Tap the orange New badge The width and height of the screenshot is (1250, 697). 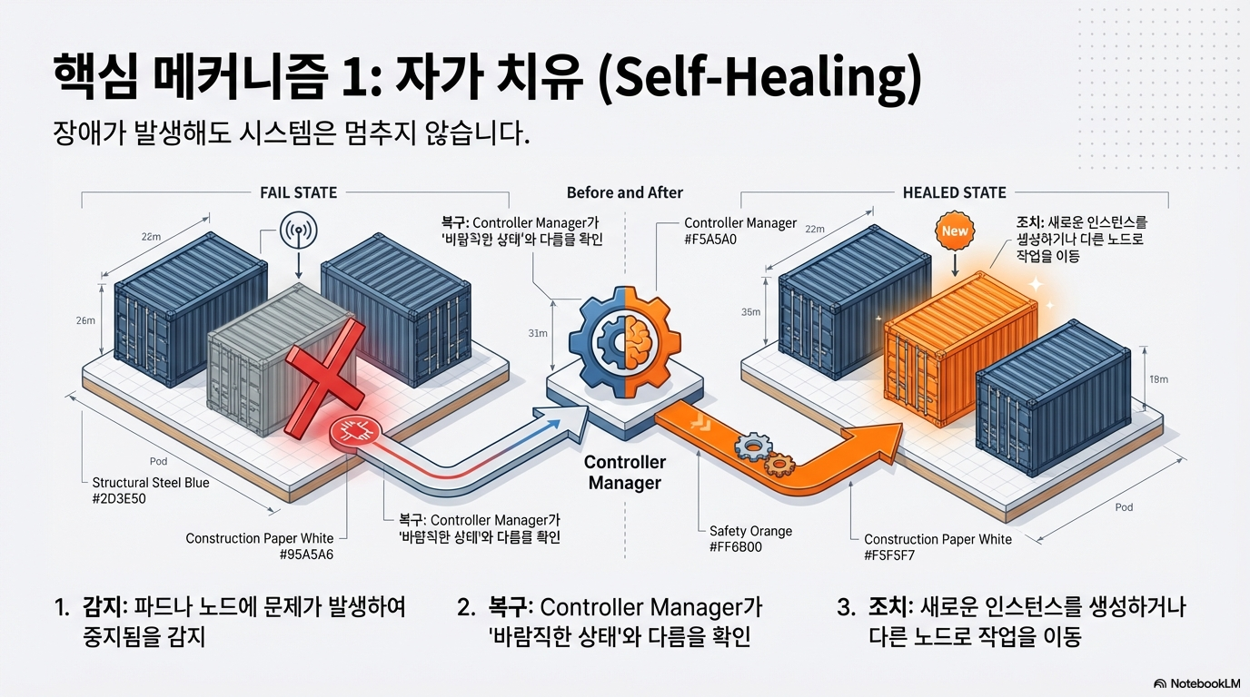[955, 231]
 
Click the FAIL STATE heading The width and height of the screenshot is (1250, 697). [298, 192]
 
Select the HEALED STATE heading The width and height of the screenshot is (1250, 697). [954, 192]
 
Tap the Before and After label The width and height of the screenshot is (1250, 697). [625, 192]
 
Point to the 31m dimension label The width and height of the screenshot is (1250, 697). [538, 333]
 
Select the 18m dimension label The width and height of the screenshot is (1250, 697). [1158, 378]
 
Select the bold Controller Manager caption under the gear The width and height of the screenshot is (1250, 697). [625, 473]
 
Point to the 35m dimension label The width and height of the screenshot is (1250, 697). [751, 312]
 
